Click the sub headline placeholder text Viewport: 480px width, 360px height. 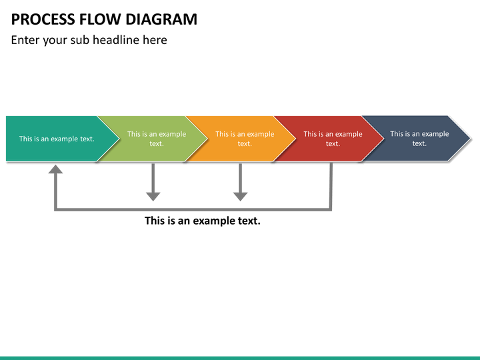89,40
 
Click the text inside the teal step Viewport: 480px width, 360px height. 57,139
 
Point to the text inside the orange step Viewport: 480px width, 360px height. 245,139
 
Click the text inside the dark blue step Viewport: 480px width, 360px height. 419,138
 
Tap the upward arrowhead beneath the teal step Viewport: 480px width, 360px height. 55,169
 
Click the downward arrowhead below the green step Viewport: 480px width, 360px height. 153,195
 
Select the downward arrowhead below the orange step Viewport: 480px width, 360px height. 241,195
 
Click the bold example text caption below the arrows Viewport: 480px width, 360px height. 202,221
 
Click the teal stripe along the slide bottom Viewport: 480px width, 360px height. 240,357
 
